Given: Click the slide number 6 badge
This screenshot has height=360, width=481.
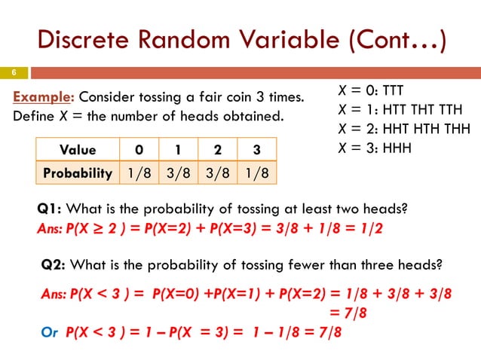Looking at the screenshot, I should pos(13,73).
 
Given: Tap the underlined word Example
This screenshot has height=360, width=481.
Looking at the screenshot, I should pos(44,98).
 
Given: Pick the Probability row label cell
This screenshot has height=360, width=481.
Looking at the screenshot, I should pos(77,172).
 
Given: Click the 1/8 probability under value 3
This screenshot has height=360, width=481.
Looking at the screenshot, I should pos(256,172).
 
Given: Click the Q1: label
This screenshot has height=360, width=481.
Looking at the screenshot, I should pos(49,210).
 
